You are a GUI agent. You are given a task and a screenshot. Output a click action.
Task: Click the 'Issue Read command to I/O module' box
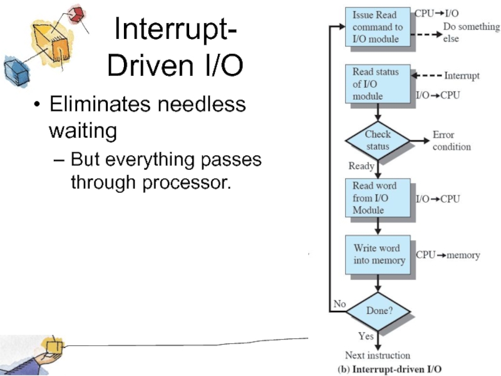coord(378,28)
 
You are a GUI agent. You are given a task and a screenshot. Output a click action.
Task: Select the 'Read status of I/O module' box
coord(378,84)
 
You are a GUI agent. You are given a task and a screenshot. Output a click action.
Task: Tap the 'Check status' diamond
coord(378,140)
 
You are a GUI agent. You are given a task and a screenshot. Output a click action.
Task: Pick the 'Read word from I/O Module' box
coord(378,197)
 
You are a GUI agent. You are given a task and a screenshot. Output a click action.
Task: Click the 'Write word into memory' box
coord(378,254)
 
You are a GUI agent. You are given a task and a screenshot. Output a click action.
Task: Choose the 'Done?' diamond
coord(378,310)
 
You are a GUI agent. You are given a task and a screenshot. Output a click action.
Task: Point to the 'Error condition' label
coord(452,140)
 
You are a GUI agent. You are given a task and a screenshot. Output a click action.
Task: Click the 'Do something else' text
coord(471,33)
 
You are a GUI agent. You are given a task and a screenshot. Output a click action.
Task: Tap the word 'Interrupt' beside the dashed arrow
coord(462,76)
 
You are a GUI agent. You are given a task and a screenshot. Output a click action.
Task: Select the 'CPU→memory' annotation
coord(448,255)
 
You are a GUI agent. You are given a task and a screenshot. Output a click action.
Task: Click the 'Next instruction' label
coord(378,355)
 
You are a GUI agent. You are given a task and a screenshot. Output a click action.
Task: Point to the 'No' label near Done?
coord(339,304)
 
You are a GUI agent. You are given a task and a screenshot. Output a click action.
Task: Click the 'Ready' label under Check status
coord(361,166)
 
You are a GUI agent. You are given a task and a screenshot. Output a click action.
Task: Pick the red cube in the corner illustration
coord(76,13)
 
